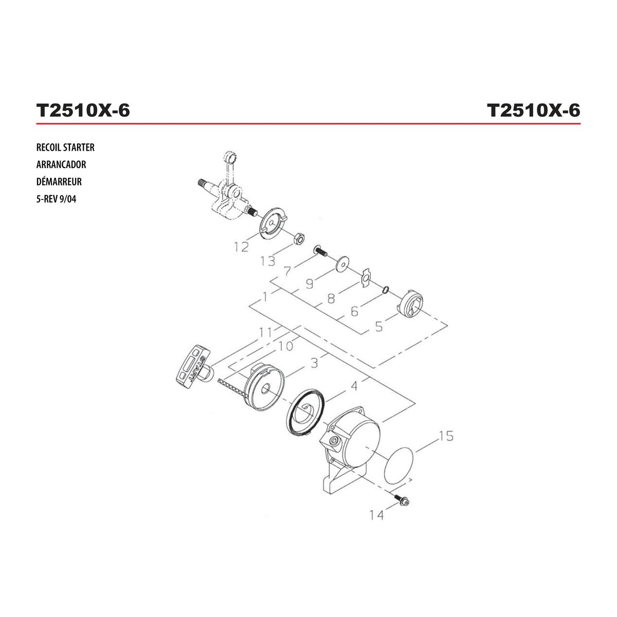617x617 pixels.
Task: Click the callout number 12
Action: [x=242, y=247]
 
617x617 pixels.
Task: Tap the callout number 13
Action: [x=268, y=261]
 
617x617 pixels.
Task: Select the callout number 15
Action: [x=446, y=436]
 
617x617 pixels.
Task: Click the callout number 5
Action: [x=379, y=327]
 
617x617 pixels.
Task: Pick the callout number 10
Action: [x=285, y=346]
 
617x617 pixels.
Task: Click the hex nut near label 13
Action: [x=299, y=239]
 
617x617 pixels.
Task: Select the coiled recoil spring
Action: [x=306, y=412]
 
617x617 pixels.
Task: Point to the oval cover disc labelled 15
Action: [x=398, y=466]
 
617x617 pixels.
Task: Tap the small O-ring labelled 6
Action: [x=386, y=290]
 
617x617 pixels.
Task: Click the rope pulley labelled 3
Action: [x=264, y=387]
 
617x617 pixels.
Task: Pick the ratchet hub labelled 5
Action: [x=410, y=304]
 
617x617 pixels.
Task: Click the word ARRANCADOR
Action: [x=61, y=165]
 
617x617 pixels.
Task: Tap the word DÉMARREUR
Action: [x=59, y=182]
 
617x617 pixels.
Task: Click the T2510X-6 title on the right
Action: [x=533, y=111]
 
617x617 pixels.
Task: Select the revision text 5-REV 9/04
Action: [x=57, y=199]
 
